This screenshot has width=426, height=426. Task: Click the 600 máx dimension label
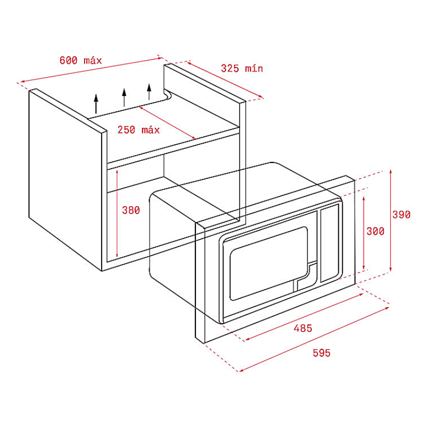(80, 60)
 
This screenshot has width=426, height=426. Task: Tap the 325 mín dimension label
(242, 69)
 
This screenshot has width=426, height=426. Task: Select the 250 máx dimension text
(138, 129)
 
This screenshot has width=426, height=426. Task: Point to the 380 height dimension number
(130, 210)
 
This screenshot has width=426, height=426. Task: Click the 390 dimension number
(402, 215)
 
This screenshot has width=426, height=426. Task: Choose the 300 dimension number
(375, 231)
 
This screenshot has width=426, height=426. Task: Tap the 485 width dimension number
(302, 328)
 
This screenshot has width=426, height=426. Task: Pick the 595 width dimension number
(322, 353)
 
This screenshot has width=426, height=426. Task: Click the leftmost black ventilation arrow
(96, 104)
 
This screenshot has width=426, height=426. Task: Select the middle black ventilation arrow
(124, 97)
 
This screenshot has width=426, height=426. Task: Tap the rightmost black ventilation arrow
(149, 92)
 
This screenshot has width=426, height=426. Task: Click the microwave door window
(269, 264)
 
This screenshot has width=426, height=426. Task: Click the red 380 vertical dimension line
(117, 214)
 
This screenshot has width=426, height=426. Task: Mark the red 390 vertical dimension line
(390, 220)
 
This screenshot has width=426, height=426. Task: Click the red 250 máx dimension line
(167, 122)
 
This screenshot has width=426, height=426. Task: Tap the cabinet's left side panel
(65, 179)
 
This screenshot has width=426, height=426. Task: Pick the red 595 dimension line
(314, 339)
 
